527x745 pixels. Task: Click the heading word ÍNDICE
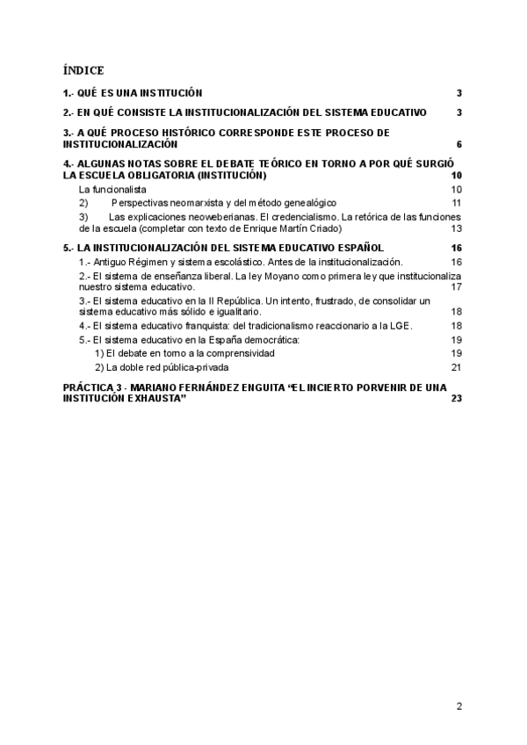(x=83, y=69)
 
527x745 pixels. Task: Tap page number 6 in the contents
(x=459, y=144)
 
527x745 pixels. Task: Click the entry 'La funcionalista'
(x=112, y=189)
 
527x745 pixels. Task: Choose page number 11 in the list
(x=457, y=202)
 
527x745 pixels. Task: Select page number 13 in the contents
(x=457, y=228)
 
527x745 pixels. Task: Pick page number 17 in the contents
(x=457, y=287)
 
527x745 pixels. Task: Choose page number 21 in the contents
(x=457, y=367)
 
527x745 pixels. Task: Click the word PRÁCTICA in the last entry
(x=87, y=387)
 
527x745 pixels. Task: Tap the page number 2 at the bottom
(x=459, y=705)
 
